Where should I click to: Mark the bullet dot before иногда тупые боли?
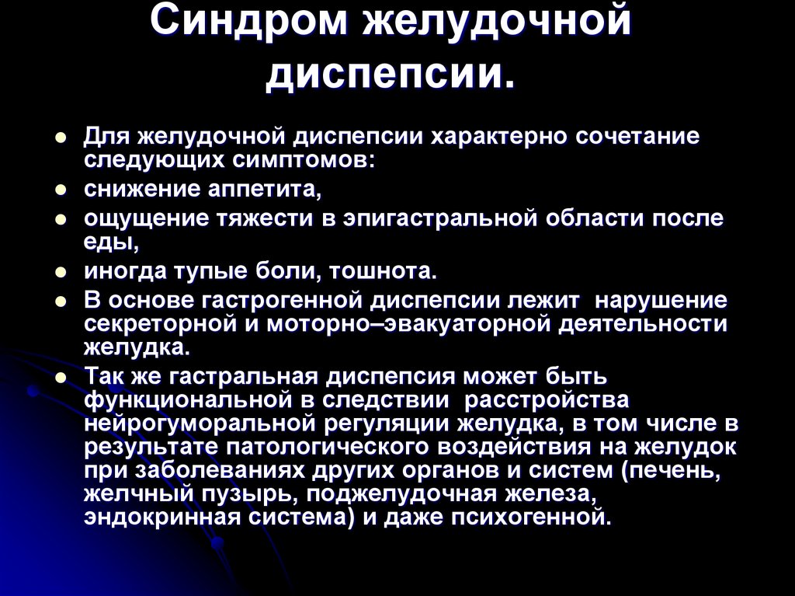coord(60,272)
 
